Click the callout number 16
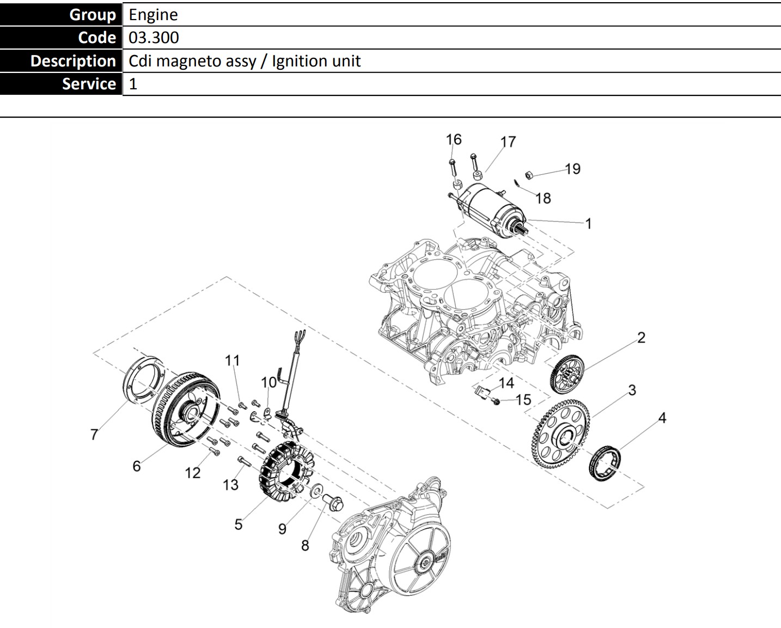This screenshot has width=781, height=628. pyautogui.click(x=454, y=139)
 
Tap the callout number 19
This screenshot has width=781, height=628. pyautogui.click(x=573, y=169)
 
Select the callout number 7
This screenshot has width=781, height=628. pyautogui.click(x=94, y=434)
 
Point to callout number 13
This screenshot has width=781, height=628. pyautogui.click(x=230, y=485)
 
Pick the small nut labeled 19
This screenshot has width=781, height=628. pyautogui.click(x=529, y=175)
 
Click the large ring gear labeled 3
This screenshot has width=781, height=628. pyautogui.click(x=560, y=434)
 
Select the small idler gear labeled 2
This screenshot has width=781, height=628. pyautogui.click(x=568, y=374)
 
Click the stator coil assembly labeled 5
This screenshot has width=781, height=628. pyautogui.click(x=286, y=472)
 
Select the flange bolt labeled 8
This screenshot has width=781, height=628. pyautogui.click(x=333, y=502)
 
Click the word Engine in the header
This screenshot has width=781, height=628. pyautogui.click(x=153, y=15)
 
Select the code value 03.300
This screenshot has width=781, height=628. pyautogui.click(x=154, y=38)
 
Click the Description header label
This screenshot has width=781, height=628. pyautogui.click(x=74, y=61)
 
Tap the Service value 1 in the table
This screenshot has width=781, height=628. pyautogui.click(x=133, y=84)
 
